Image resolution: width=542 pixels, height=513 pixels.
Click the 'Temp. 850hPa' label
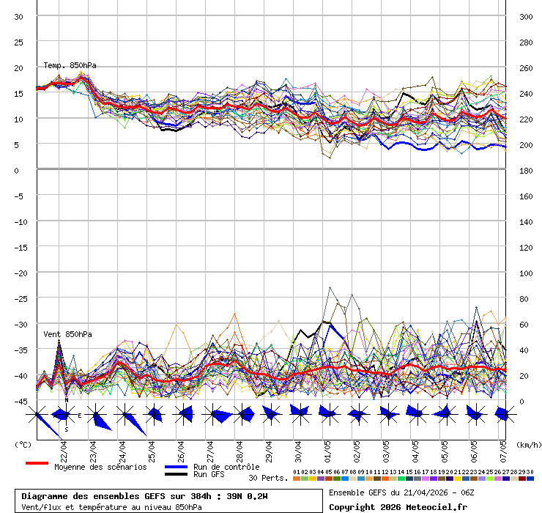coord(70,65)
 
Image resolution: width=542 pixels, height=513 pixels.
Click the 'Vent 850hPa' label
coord(67,334)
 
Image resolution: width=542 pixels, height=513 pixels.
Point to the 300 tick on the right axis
coord(526,17)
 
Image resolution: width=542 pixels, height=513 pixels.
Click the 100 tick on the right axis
coord(526,273)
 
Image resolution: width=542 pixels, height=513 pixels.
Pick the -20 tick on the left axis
coord(19,273)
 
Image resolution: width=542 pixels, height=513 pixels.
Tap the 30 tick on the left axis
coord(19,17)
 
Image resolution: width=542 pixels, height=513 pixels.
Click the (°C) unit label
coord(23,445)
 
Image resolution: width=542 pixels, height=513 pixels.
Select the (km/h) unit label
coord(527,445)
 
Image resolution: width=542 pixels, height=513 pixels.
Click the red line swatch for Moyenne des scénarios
coord(37,464)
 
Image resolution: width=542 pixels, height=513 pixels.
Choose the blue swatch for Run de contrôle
coord(176,467)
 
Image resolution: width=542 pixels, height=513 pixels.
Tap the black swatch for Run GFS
coord(176,475)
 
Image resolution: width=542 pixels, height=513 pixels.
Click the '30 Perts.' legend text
coord(267,478)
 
